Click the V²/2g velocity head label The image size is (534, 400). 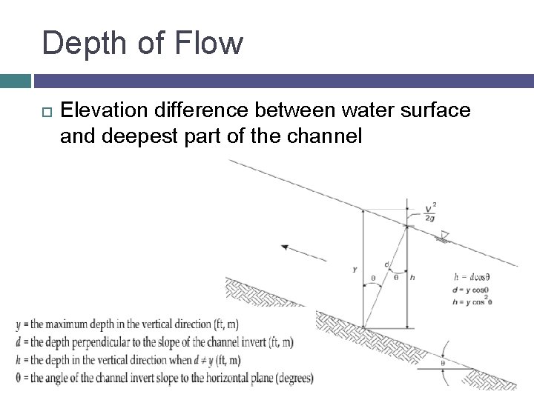coord(429,212)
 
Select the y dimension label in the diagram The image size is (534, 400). coord(355,270)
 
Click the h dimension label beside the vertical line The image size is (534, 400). coord(412,278)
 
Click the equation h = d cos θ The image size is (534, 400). coord(471,278)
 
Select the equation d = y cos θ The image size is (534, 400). coord(470,289)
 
